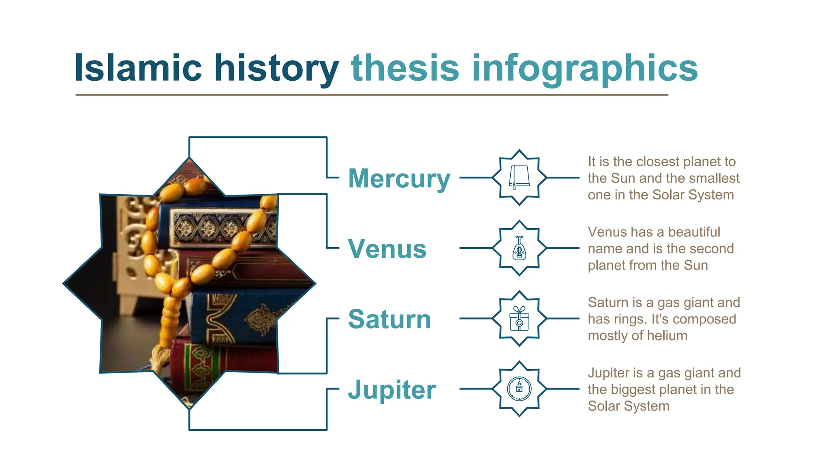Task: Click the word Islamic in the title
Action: point(138,68)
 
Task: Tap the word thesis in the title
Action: point(405,68)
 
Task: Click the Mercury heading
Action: point(399,178)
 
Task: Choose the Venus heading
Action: point(387,248)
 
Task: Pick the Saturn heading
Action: point(389,319)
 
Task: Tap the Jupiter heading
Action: point(392,390)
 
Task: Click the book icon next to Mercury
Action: point(519,177)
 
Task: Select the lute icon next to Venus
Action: point(519,248)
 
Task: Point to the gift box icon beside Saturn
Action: point(519,319)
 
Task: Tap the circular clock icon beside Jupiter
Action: point(519,389)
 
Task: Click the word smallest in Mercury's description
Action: point(714,178)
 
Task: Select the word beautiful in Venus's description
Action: point(694,232)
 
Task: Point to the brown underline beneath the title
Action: point(371,95)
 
